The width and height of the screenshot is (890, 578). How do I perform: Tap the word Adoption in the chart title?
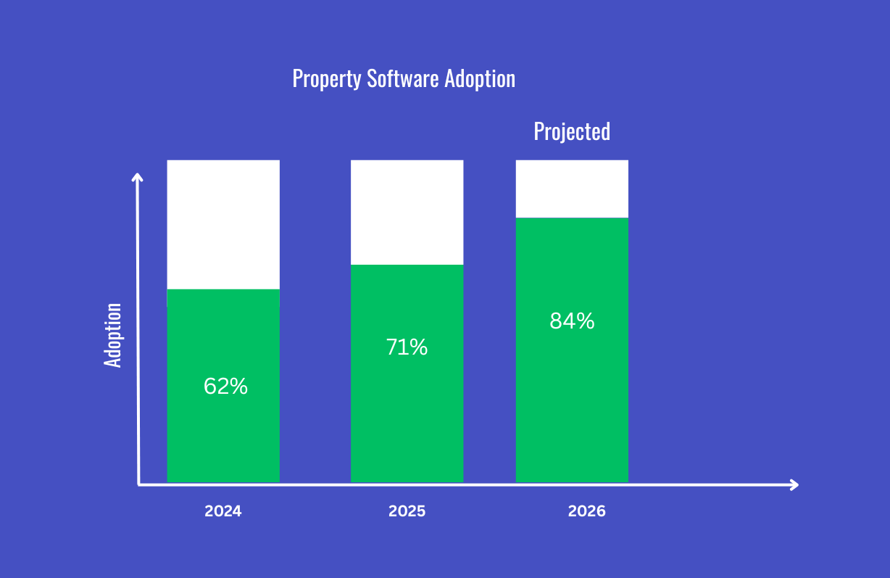tap(480, 79)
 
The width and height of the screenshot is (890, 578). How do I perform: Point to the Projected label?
tap(572, 131)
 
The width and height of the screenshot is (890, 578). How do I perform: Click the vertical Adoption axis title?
tap(113, 335)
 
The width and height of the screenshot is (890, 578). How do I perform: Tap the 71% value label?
tap(407, 348)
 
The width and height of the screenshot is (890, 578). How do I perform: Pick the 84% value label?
tap(572, 321)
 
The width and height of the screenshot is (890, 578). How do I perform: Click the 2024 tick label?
tap(223, 511)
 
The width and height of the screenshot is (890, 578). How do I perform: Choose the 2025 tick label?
tap(407, 511)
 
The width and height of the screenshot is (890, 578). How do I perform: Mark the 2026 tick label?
tap(586, 511)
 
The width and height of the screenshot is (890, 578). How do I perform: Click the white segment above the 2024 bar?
tap(223, 224)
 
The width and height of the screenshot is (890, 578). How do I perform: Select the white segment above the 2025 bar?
tap(407, 212)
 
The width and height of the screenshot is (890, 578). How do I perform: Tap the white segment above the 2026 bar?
tap(572, 189)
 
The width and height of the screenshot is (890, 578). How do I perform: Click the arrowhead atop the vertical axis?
tap(138, 176)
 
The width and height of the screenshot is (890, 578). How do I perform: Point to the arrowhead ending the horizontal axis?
tap(794, 484)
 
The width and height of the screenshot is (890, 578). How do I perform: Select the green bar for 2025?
tap(407, 421)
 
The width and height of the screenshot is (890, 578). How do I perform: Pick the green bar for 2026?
tap(572, 406)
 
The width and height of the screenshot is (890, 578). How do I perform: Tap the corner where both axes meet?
tap(138, 484)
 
